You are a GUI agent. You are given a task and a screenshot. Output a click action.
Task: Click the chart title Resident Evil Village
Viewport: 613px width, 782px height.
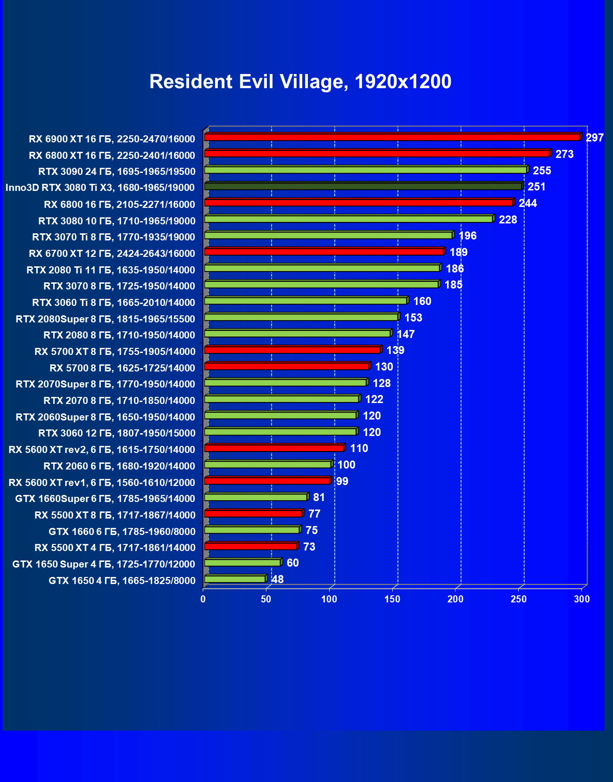pyautogui.click(x=300, y=82)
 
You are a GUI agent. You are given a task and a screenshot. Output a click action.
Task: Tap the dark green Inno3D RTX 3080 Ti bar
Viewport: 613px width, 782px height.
pyautogui.click(x=363, y=186)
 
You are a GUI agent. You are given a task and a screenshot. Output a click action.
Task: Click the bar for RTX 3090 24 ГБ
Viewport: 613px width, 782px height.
pyautogui.click(x=365, y=170)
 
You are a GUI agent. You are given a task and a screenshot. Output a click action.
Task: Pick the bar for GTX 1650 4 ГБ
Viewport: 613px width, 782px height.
pyautogui.click(x=235, y=579)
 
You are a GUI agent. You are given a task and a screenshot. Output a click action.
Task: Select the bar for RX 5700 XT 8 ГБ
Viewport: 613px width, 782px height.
pyautogui.click(x=292, y=350)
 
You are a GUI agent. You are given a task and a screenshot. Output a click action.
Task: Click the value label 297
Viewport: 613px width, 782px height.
pyautogui.click(x=595, y=138)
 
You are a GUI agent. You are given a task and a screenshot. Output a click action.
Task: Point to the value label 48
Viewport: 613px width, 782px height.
pyautogui.click(x=278, y=579)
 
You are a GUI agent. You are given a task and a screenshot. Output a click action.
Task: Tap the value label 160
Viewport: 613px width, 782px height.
pyautogui.click(x=422, y=301)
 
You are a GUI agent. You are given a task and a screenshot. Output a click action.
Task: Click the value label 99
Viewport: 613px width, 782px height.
pyautogui.click(x=342, y=481)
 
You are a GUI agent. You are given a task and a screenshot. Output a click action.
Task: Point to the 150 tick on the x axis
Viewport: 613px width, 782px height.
pyautogui.click(x=392, y=599)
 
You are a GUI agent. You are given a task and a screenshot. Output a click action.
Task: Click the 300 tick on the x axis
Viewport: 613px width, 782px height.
pyautogui.click(x=582, y=599)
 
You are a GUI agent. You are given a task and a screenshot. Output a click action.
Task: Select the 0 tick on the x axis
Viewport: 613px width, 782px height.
pyautogui.click(x=203, y=599)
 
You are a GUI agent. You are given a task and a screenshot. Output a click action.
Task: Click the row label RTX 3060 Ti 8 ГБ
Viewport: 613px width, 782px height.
pyautogui.click(x=114, y=303)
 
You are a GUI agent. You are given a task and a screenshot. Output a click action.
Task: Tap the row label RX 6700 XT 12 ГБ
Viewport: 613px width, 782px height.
pyautogui.click(x=112, y=254)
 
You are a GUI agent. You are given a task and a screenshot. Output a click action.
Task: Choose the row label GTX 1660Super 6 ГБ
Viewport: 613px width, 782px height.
pyautogui.click(x=105, y=499)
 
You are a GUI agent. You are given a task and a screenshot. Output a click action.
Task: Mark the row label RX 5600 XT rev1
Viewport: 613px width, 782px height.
pyautogui.click(x=102, y=482)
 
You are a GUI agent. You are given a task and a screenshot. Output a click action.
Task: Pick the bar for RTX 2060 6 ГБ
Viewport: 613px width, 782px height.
pyautogui.click(x=268, y=464)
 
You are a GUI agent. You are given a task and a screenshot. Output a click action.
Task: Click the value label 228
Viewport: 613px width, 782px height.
pyautogui.click(x=508, y=220)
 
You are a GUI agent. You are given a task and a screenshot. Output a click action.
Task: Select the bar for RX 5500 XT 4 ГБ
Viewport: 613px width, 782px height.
pyautogui.click(x=251, y=546)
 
